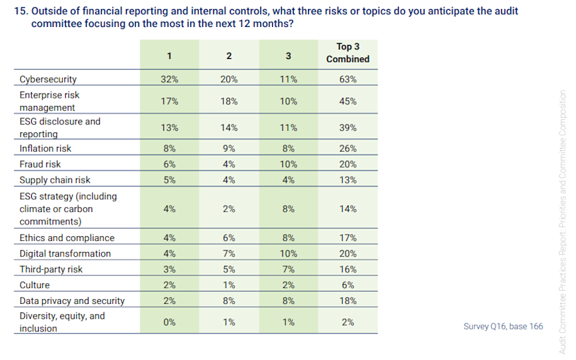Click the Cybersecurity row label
coord(48,79)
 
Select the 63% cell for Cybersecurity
coord(348,79)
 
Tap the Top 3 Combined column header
coord(348,53)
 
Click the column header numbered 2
coord(229,55)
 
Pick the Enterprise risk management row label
coord(50,101)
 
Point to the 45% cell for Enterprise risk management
coord(348,101)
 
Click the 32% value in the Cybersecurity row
coord(170,79)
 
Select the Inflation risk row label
coord(45,148)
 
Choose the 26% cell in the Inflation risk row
coord(348,148)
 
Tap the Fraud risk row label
coord(40,164)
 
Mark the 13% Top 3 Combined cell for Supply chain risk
coord(348,180)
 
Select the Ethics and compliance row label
coord(66,237)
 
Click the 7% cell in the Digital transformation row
coord(229,253)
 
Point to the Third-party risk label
coord(51,269)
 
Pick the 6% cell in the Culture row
coord(348,285)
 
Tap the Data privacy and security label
coord(72,300)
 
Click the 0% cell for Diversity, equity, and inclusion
coord(170,322)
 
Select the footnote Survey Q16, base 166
coord(503,325)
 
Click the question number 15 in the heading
coord(21,11)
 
